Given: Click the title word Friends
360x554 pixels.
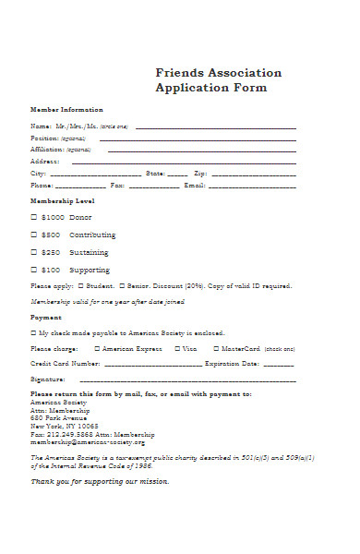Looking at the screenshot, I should pos(178,72).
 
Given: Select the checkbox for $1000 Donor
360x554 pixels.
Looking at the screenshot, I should pos(34,217).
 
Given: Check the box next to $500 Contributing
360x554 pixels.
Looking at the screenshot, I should pos(34,235).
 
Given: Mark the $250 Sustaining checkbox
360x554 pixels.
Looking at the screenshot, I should pos(34,252).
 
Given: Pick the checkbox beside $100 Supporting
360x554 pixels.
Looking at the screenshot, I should pos(34,270).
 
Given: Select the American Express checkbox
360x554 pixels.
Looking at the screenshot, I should pos(97,349).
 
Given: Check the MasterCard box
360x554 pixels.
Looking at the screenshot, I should pos(215,349).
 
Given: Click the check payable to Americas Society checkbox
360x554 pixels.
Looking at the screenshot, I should pos(33,332).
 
